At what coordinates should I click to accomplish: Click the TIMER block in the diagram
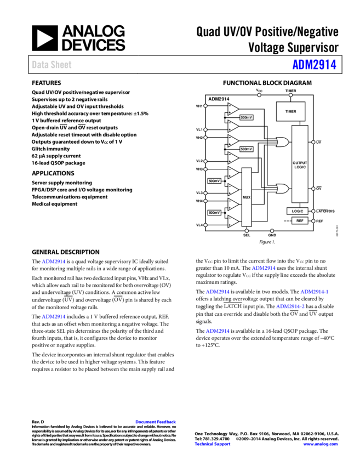click(290, 111)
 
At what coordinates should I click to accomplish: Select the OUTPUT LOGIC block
click(300, 164)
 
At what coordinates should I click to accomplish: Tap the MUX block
click(247, 197)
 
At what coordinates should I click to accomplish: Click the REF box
click(300, 220)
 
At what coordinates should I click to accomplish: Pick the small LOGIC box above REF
click(298, 211)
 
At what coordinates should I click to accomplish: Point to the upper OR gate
click(283, 142)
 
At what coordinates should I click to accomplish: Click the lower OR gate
click(283, 189)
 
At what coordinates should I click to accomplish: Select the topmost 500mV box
click(247, 117)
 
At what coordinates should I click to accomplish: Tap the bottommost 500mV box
click(214, 212)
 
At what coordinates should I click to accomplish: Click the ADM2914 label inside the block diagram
click(219, 99)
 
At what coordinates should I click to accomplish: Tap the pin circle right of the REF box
click(313, 220)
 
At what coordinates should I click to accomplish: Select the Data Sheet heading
click(52, 65)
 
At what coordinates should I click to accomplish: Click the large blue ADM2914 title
click(314, 65)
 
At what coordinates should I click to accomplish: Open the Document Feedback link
click(156, 422)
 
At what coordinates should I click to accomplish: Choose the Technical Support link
click(213, 444)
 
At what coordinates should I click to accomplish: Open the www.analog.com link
click(321, 444)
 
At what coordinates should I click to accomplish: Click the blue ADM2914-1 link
click(314, 292)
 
